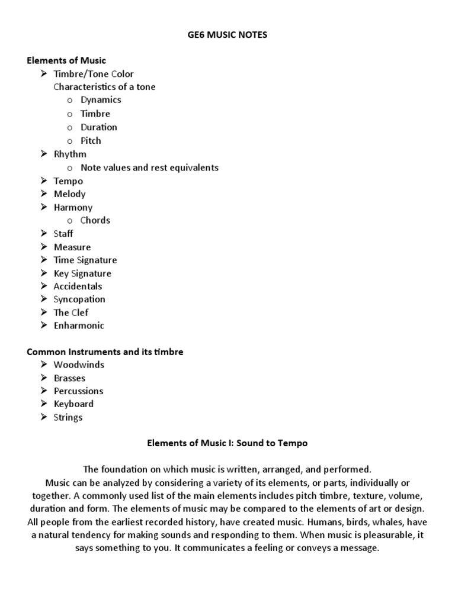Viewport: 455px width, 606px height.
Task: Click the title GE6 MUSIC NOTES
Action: pos(227,35)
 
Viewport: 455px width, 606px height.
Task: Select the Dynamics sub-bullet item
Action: pos(101,100)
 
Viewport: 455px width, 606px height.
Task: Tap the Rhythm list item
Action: pos(70,154)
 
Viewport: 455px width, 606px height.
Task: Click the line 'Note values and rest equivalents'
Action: pos(149,167)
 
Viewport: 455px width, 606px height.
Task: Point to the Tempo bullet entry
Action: pos(68,181)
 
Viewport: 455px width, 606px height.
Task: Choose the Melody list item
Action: pos(69,194)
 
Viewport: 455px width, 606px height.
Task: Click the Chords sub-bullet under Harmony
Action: pos(95,220)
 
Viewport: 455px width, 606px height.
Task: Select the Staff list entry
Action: pos(63,234)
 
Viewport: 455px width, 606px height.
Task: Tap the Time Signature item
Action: pos(85,260)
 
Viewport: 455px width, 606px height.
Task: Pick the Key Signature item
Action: pos(82,273)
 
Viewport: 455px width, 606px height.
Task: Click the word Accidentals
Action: pos(78,286)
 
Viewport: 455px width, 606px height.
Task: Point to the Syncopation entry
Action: pos(79,299)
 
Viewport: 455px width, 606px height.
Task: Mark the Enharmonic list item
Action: pos(79,325)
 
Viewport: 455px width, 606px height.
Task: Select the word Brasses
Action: pos(69,378)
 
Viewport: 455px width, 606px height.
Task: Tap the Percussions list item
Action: pos(78,391)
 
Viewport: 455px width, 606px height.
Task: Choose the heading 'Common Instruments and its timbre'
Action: pos(105,352)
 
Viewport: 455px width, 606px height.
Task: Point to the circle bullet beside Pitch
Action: pos(70,141)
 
